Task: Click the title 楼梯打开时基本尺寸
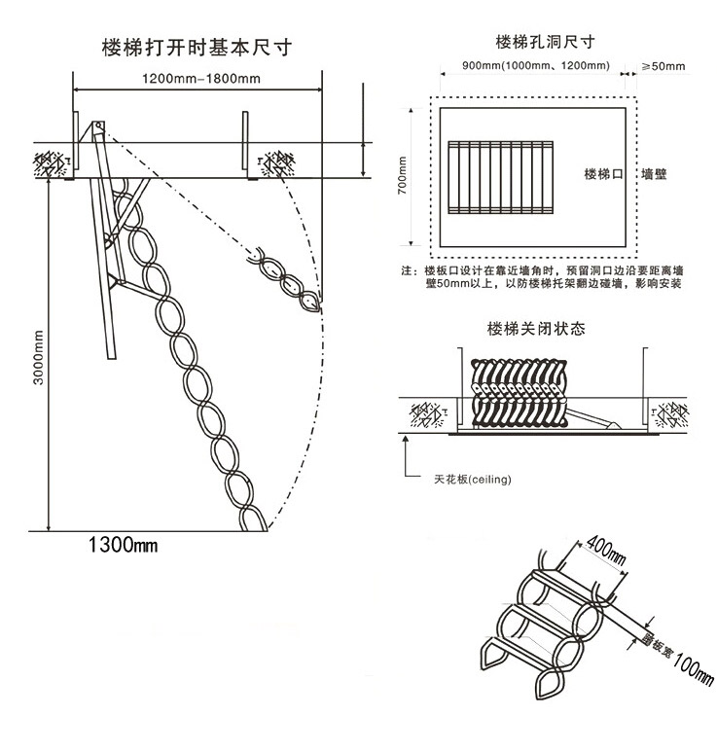pos(197,47)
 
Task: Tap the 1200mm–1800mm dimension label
pos(197,78)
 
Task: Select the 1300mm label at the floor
pos(122,546)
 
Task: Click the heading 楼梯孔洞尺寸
pos(544,42)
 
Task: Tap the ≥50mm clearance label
pos(662,66)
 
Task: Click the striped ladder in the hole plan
pos(504,177)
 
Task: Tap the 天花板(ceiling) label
pos(473,480)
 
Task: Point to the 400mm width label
pos(603,551)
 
